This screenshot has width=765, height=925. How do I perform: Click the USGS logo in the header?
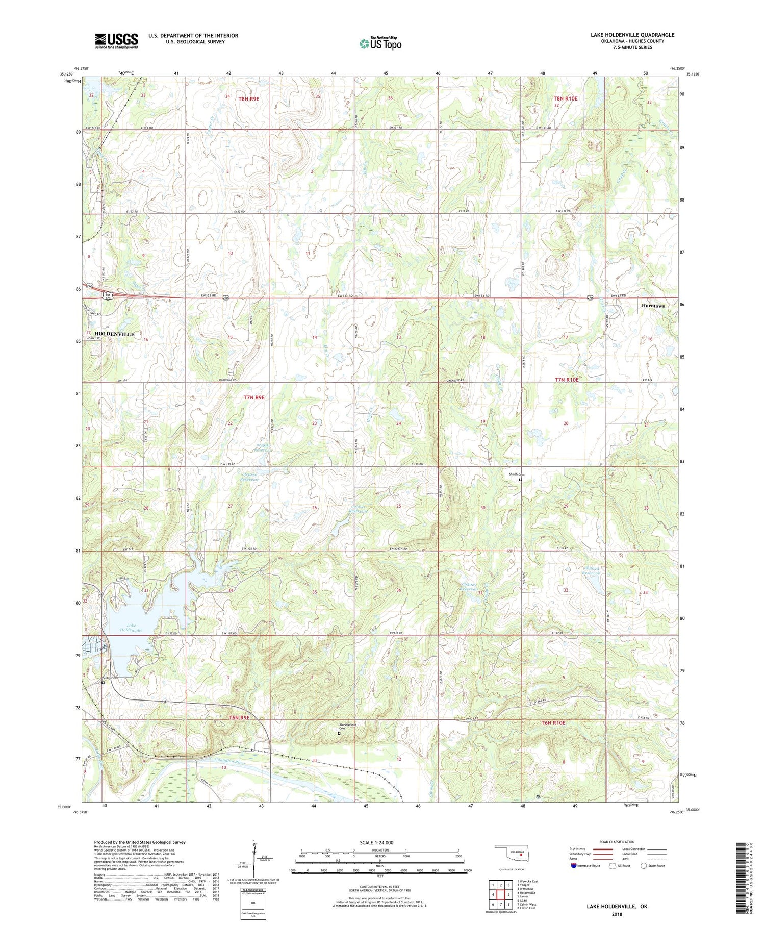[116, 41]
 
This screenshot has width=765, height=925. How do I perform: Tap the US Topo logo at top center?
[380, 43]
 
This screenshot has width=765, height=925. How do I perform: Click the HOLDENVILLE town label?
[114, 334]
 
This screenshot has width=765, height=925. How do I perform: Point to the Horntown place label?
[653, 306]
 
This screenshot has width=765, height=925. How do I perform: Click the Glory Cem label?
[109, 678]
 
